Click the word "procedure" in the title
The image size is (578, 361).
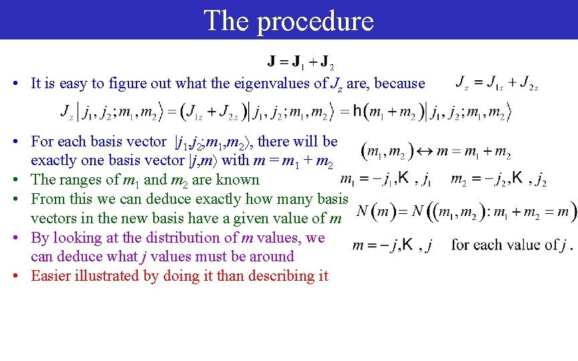(x=315, y=21)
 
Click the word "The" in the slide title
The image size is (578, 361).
(x=226, y=20)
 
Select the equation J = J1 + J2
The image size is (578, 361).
(x=301, y=63)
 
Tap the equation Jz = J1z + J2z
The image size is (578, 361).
(x=496, y=84)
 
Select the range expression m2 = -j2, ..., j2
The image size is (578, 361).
(x=498, y=179)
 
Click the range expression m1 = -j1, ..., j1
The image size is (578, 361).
(x=385, y=179)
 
